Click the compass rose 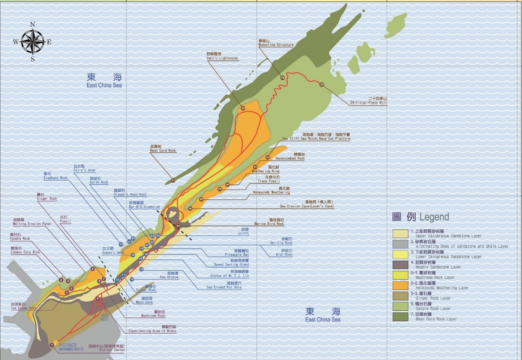click(33, 42)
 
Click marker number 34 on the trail click(282, 78)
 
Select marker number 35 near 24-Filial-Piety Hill click(322, 85)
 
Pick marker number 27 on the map click(173, 181)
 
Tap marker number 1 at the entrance click(51, 345)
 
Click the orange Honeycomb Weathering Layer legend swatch click(400, 285)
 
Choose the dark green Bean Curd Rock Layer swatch click(400, 317)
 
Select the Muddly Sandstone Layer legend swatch click(400, 264)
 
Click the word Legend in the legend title click(434, 217)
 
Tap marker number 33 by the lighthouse click(243, 108)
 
